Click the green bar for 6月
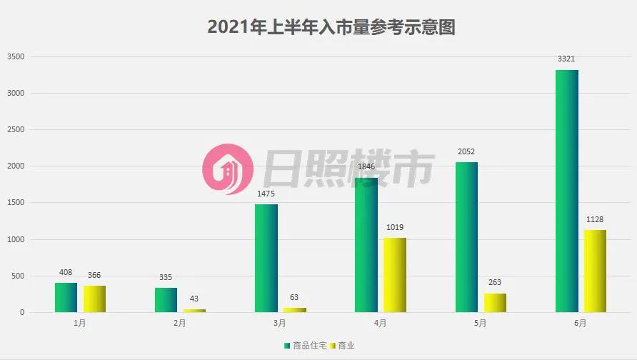click(x=567, y=191)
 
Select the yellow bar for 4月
click(x=394, y=275)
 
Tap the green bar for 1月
click(x=66, y=298)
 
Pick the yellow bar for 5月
click(x=494, y=303)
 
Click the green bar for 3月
click(x=266, y=258)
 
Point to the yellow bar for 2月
click(x=194, y=311)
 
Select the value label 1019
click(x=394, y=228)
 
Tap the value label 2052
click(x=466, y=152)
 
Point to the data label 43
click(x=194, y=299)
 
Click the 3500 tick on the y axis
click(x=16, y=56)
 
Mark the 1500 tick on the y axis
click(x=16, y=203)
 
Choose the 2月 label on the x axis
click(x=180, y=324)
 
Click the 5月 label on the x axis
click(x=480, y=324)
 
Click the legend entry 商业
click(x=343, y=346)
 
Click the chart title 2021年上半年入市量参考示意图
click(x=331, y=26)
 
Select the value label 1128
click(x=595, y=220)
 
